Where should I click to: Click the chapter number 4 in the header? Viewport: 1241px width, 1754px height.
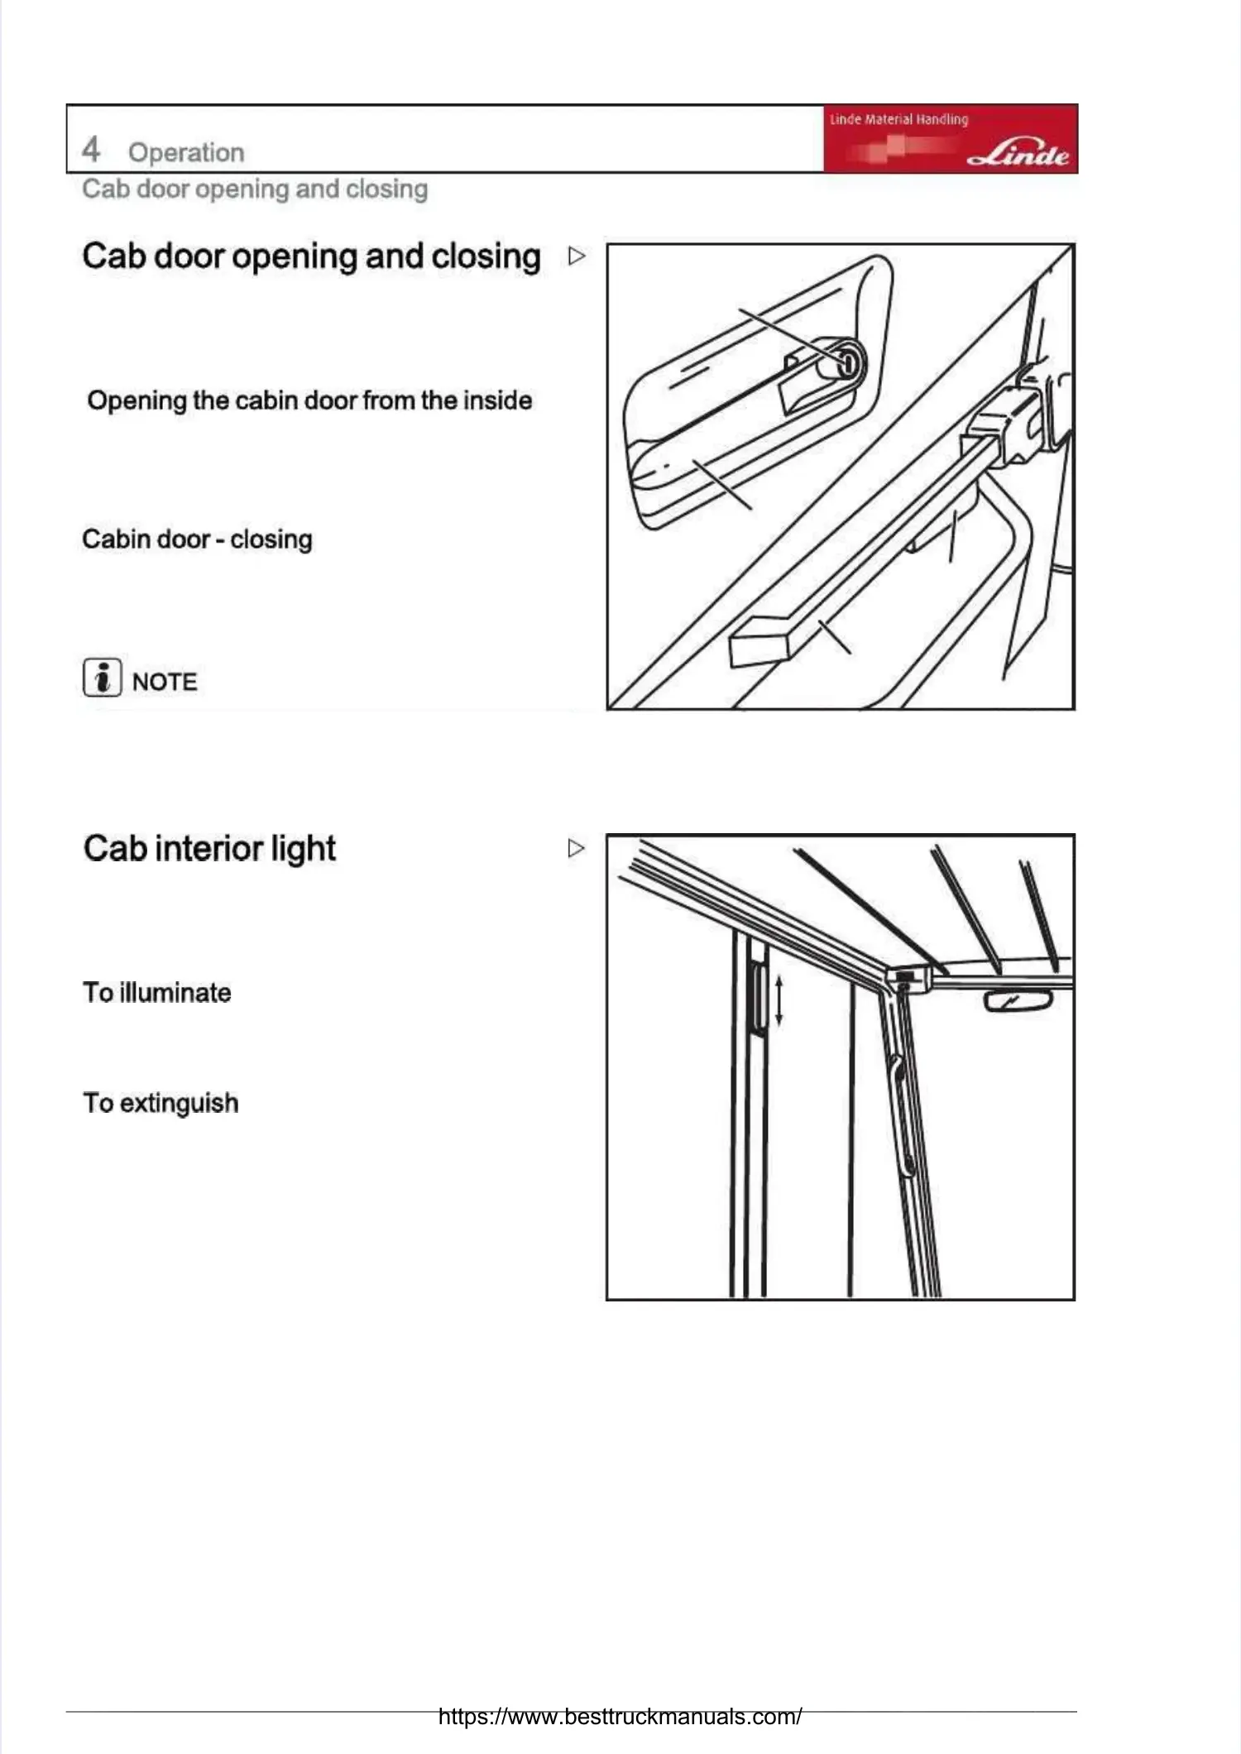point(91,150)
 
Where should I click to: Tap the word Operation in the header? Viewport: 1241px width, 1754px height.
point(186,152)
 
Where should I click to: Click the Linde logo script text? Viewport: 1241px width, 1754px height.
point(1018,154)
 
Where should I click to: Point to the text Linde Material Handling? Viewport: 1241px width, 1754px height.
point(898,119)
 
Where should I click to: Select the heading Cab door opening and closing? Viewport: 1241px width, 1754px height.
point(311,256)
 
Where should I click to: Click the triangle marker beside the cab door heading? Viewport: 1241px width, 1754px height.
point(577,256)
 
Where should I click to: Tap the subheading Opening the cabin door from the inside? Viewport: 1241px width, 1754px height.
point(309,400)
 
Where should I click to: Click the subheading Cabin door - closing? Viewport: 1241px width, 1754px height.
point(197,539)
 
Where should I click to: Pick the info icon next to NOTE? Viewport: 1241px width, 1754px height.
point(102,678)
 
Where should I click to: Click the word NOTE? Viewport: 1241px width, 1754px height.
point(165,682)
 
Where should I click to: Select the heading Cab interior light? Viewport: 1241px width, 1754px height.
point(209,849)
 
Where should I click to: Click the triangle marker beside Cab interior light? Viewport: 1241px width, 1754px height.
point(576,848)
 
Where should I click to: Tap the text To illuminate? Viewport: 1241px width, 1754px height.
point(156,992)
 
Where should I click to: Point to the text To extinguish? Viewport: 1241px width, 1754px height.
point(161,1103)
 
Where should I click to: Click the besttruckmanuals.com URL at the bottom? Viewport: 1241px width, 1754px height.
point(620,1716)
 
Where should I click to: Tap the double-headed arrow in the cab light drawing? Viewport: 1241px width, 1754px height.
point(779,999)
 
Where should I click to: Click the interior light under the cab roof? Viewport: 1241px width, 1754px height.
point(1018,1002)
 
